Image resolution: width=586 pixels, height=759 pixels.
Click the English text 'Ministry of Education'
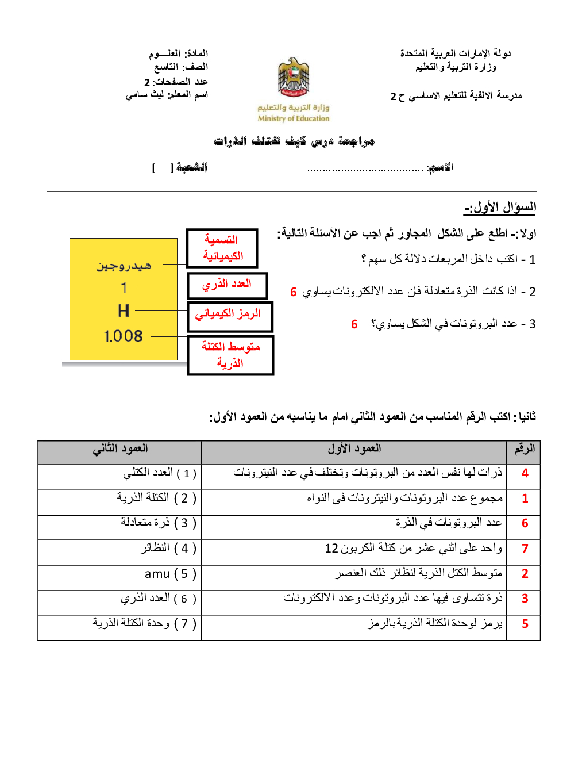[294, 118]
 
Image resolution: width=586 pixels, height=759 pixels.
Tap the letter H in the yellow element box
[123, 311]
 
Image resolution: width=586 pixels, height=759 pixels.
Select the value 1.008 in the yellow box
[123, 336]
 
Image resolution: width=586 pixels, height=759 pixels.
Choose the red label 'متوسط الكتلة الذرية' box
[230, 355]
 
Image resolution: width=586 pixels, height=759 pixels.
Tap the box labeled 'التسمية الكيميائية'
[222, 248]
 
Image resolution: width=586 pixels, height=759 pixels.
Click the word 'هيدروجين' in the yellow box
[124, 266]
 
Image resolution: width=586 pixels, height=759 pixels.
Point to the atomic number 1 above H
[124, 287]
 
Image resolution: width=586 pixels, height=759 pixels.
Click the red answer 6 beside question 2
[293, 292]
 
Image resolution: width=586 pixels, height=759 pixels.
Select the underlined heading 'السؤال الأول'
[500, 207]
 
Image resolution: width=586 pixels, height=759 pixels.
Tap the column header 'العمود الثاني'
[120, 448]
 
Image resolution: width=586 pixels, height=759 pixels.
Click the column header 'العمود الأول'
[354, 448]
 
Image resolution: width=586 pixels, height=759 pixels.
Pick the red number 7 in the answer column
[525, 549]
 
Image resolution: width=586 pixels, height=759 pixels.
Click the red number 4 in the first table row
[525, 473]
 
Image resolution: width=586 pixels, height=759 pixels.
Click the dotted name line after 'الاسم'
[365, 169]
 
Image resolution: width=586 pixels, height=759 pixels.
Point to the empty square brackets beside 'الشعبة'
[162, 168]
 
